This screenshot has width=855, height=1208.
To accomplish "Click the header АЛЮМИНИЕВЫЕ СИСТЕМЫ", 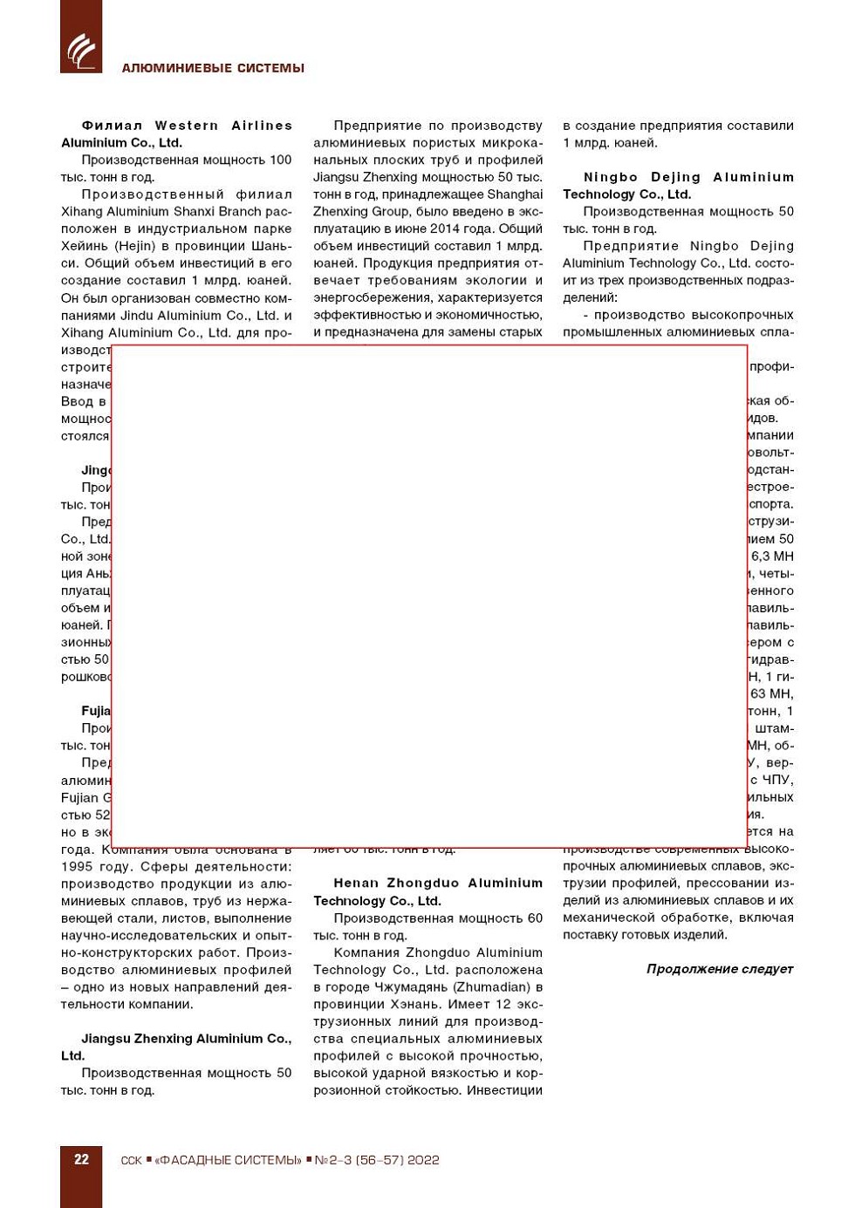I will [213, 68].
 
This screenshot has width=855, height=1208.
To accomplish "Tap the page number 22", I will [81, 1159].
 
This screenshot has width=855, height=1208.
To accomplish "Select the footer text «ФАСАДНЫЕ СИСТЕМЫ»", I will [228, 1160].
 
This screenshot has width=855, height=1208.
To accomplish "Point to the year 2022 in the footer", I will [423, 1160].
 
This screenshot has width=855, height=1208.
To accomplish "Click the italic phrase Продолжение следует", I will [720, 969].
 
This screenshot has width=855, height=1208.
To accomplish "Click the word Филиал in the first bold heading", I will [112, 126].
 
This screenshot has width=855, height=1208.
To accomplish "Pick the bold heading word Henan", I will [356, 884].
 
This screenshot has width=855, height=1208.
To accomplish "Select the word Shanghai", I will [515, 195].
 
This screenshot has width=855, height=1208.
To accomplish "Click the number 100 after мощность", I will [280, 160].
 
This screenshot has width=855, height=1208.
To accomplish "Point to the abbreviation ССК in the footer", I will [132, 1160].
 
